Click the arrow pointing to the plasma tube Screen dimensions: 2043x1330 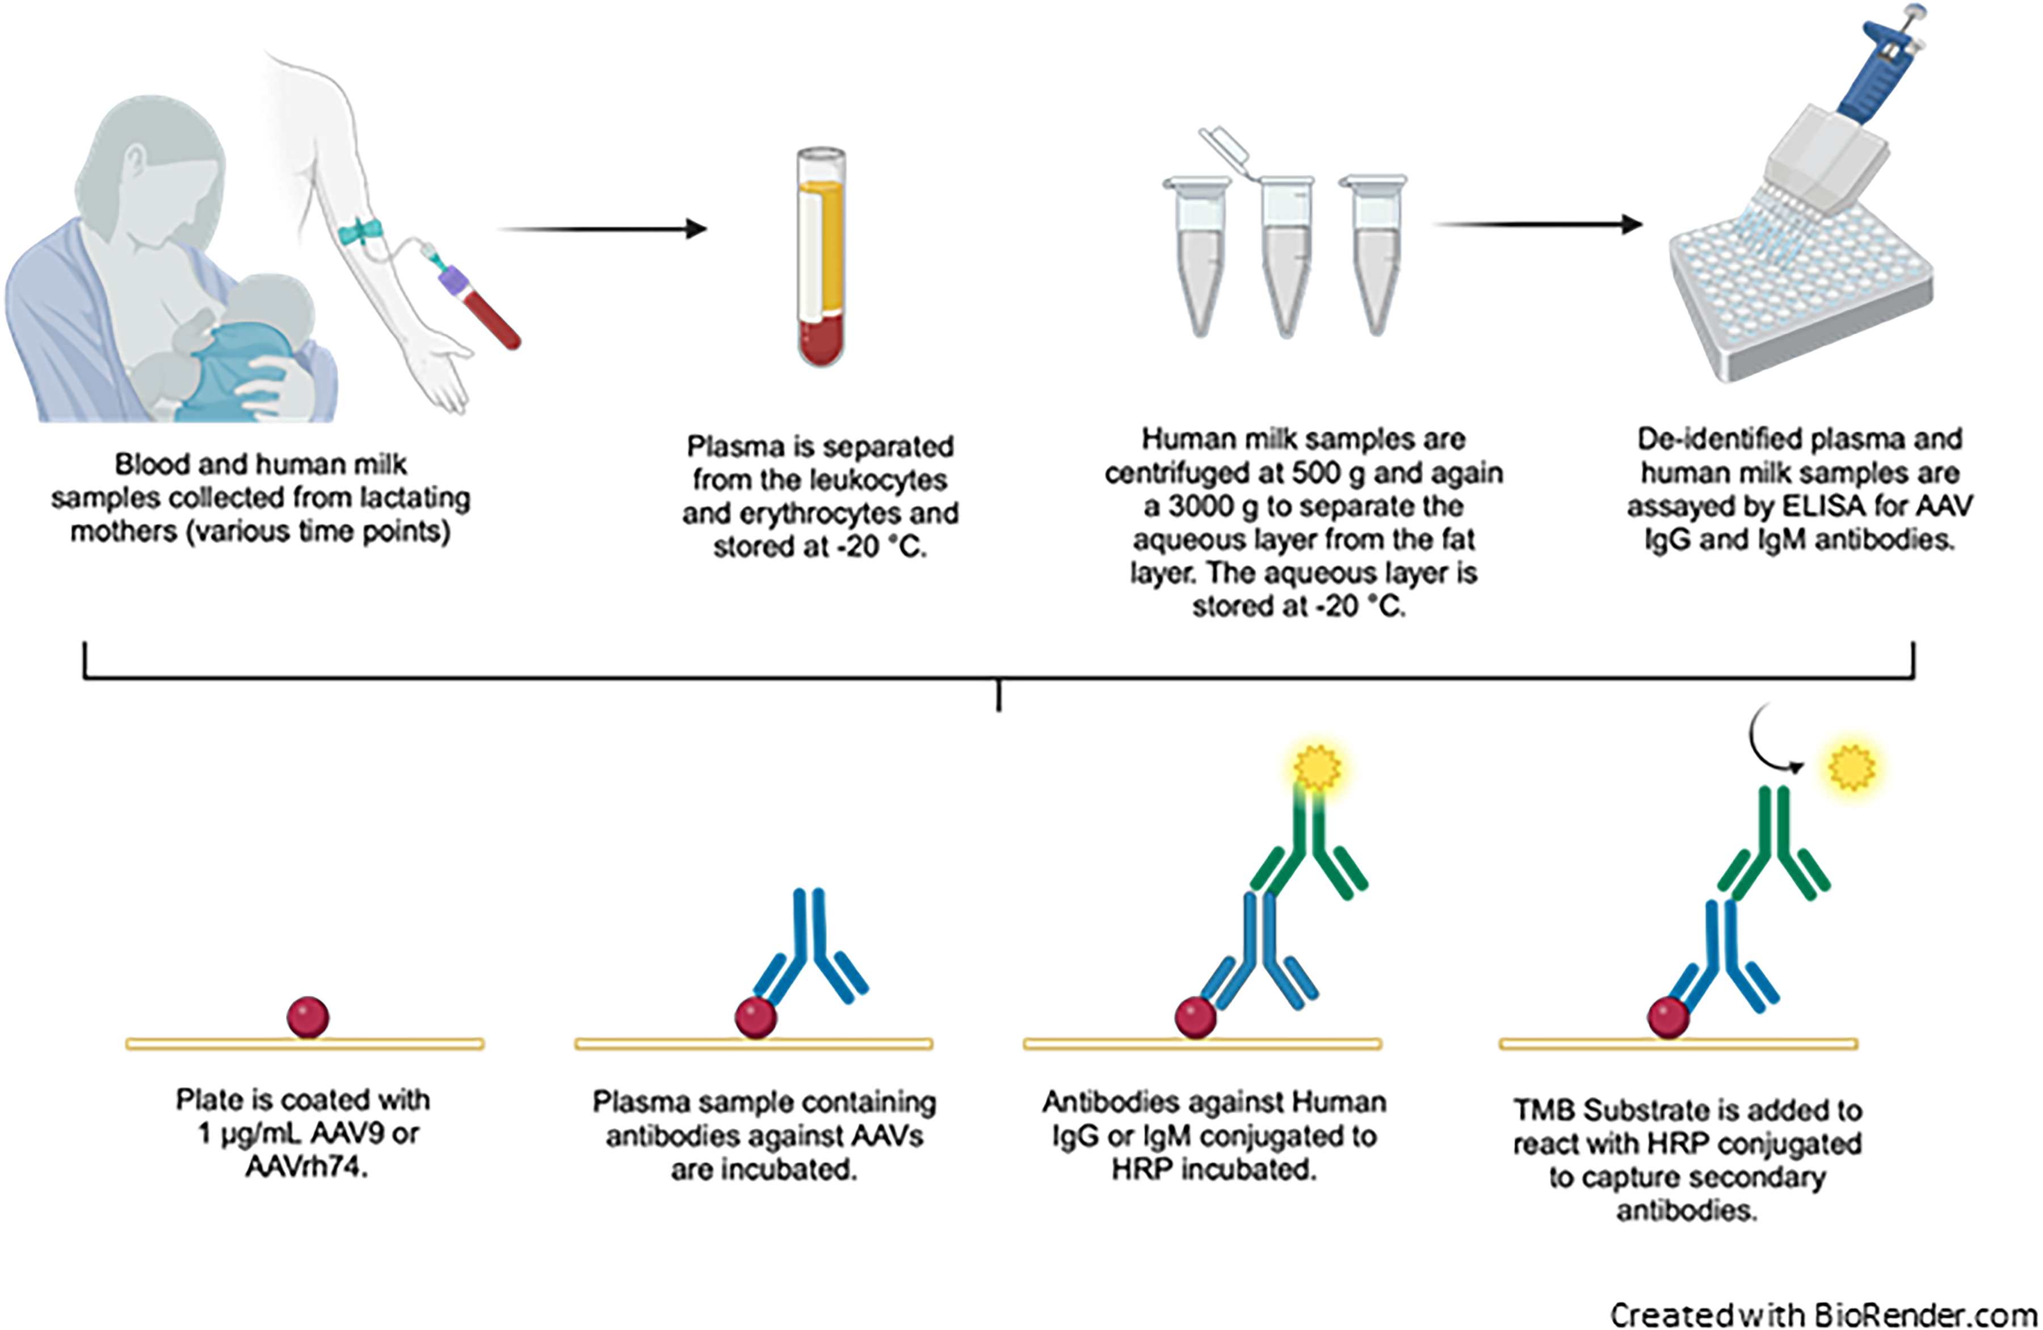tap(603, 229)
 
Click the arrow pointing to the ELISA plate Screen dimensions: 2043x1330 tap(1538, 225)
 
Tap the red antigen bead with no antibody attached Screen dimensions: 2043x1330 tap(308, 1018)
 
